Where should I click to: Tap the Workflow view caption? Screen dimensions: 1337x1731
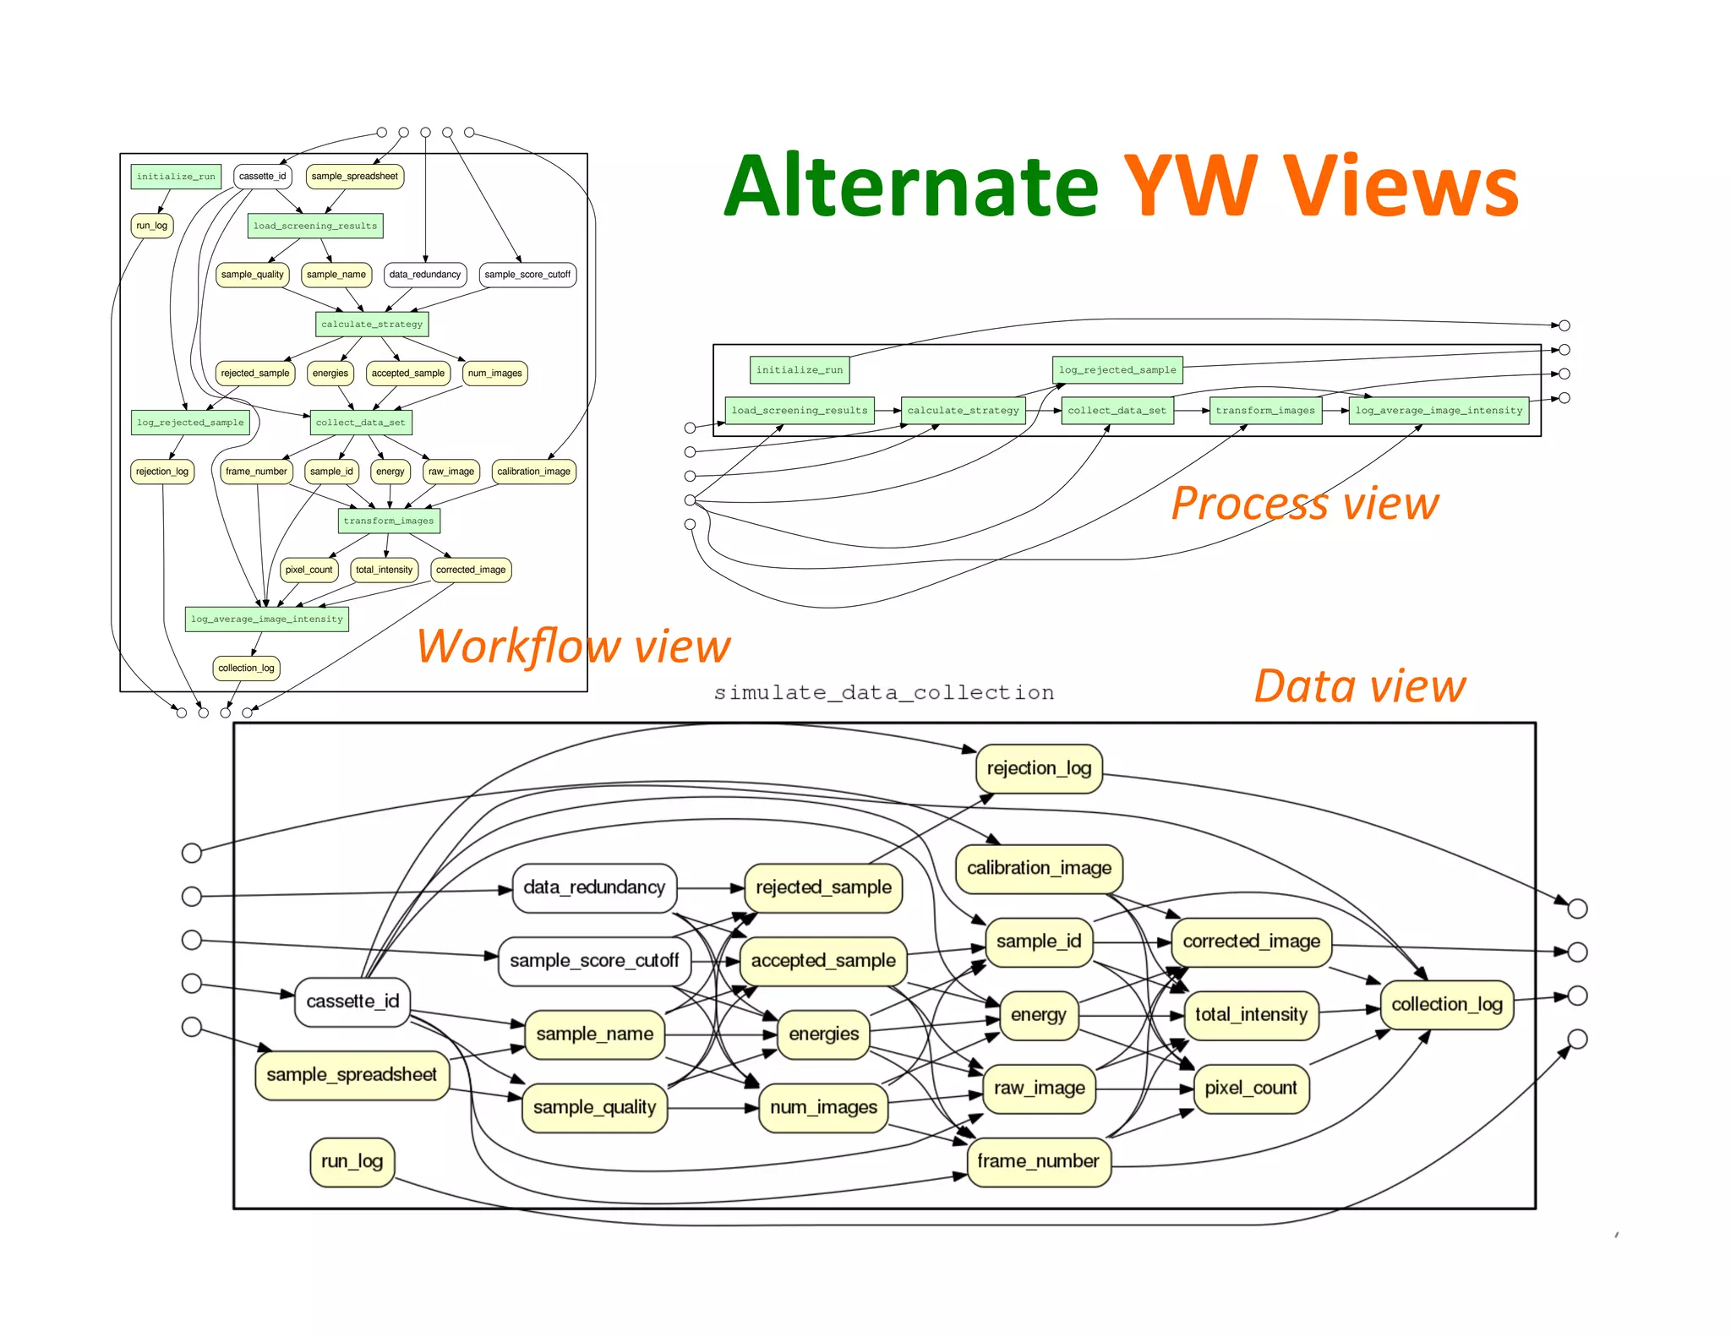[572, 647]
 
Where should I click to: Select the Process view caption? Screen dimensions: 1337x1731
[1304, 504]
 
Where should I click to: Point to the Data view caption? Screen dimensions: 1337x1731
[1359, 685]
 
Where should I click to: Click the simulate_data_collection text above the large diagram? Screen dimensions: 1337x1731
[883, 693]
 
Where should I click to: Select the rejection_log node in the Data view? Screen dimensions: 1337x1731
[1039, 768]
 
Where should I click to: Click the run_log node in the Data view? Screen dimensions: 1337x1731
[352, 1161]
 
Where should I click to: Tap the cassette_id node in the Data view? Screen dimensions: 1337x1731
[352, 1001]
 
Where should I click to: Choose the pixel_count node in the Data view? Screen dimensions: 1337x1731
[1250, 1088]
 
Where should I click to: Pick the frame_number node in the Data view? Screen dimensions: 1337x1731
[1038, 1161]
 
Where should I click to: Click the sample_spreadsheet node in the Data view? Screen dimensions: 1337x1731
[352, 1074]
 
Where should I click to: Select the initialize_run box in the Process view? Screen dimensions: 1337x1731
[799, 370]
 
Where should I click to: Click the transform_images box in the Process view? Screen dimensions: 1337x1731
[1264, 411]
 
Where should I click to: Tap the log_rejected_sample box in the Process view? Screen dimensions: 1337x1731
[1117, 370]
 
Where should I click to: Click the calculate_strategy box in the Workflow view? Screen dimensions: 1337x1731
[372, 324]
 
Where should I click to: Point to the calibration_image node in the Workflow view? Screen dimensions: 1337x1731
[533, 472]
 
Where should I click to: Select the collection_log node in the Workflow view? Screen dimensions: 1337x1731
[246, 668]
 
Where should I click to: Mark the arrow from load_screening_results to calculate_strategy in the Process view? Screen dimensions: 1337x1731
[887, 411]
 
